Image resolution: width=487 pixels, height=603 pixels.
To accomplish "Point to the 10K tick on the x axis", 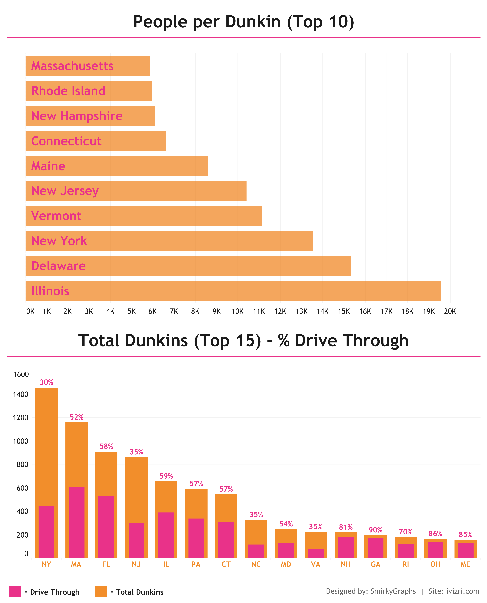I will click(x=237, y=311).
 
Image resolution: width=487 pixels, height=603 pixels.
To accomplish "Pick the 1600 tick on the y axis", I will click(x=21, y=374).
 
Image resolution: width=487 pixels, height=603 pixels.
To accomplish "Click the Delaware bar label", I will click(x=58, y=266).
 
